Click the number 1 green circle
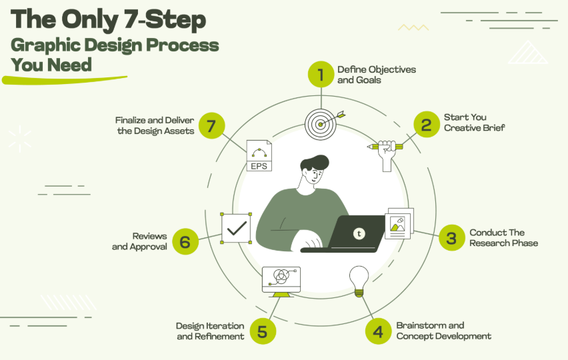click(321, 75)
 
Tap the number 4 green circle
click(378, 331)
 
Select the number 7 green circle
click(211, 126)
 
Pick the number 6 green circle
click(185, 241)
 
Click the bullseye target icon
click(320, 123)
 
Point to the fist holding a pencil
click(386, 153)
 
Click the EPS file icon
click(259, 155)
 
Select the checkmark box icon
click(236, 228)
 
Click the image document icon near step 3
click(399, 223)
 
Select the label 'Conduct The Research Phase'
click(503, 238)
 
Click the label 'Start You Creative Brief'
click(474, 123)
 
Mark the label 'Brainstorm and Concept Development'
click(443, 331)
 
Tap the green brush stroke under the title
click(63, 80)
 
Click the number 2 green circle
click(426, 124)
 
